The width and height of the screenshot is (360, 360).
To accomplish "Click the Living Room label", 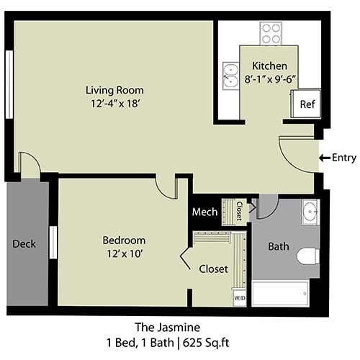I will pos(114,90).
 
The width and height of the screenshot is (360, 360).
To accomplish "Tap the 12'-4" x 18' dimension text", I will pos(114,104).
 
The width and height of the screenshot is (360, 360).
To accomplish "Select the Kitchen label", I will pos(269,66).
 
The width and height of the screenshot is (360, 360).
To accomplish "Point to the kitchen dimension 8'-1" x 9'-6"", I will pos(269,78).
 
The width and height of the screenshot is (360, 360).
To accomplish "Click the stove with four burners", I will pos(271,33).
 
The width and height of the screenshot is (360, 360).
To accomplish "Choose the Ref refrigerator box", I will pos(307,104).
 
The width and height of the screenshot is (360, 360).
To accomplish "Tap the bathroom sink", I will pos(310,212).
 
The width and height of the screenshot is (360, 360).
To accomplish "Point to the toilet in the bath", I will pos(307,256).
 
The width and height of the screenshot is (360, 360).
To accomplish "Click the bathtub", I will pos(281,293).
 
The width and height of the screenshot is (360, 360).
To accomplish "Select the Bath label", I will pos(279,246).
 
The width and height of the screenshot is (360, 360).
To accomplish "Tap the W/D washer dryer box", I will pos(238,296).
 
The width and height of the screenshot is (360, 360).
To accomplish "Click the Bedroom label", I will pos(123,240).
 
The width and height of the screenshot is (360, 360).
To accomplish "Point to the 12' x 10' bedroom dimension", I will pos(123,253).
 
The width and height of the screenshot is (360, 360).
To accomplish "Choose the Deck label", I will pos(24,243).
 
